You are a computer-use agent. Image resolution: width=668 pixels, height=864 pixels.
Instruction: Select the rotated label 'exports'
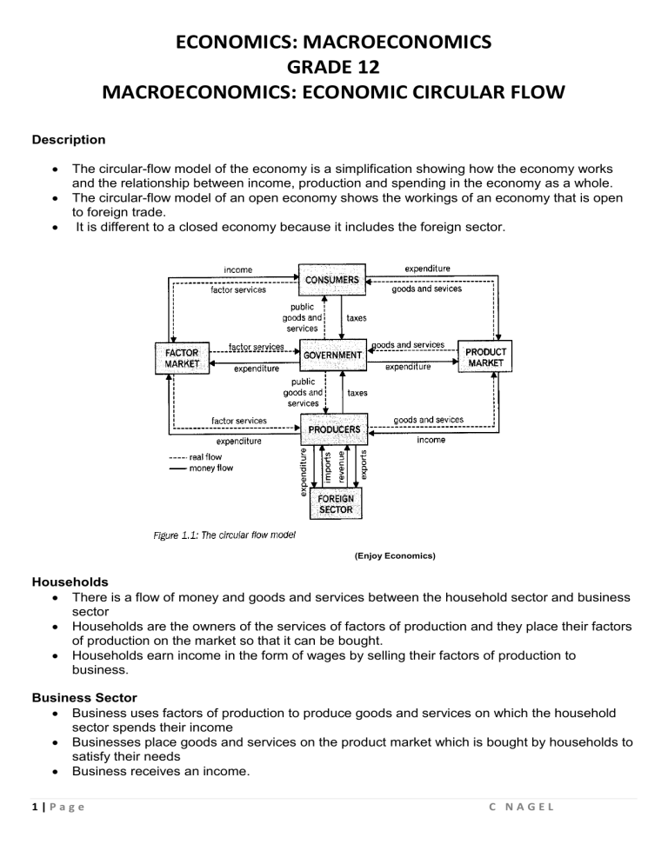[x=364, y=465]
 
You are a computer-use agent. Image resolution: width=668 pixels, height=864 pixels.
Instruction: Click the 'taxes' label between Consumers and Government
[x=357, y=318]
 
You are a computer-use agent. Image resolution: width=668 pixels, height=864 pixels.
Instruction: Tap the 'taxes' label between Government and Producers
[x=357, y=393]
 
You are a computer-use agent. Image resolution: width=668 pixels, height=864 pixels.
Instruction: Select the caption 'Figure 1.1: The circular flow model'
[x=225, y=535]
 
